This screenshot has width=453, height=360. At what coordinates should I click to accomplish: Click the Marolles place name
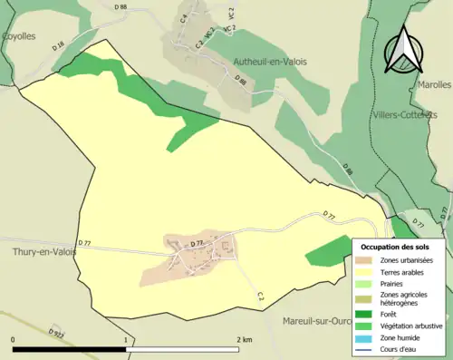(434, 84)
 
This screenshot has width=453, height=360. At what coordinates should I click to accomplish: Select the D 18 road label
(59, 44)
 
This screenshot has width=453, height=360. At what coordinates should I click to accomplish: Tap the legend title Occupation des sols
(395, 246)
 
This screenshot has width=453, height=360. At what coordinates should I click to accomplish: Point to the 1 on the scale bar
(127, 339)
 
